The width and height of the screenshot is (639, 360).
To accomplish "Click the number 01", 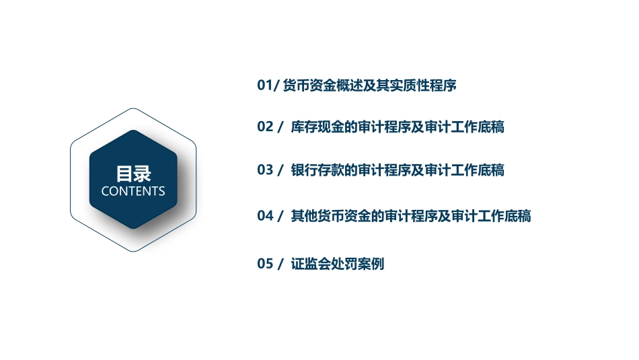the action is click(x=265, y=85).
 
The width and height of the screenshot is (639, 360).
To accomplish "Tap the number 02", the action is click(x=265, y=127).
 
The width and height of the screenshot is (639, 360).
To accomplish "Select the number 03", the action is click(x=265, y=170).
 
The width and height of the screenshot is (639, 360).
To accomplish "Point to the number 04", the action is click(x=265, y=216).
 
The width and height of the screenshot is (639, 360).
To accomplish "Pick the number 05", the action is click(x=265, y=264).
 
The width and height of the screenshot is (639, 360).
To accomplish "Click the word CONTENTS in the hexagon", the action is click(x=133, y=191).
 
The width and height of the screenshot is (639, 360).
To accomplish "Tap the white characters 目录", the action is click(x=133, y=174).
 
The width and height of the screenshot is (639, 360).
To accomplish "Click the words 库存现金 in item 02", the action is click(x=317, y=127).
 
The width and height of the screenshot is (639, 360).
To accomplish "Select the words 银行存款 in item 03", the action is click(x=317, y=170).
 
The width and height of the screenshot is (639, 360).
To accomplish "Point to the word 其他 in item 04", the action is click(x=304, y=216).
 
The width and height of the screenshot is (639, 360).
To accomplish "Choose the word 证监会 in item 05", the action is click(x=311, y=264).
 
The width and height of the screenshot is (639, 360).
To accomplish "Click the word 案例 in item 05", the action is click(x=371, y=264).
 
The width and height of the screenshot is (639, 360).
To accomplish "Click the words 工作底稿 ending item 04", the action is click(x=504, y=216).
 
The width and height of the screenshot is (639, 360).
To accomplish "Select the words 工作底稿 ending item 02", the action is click(x=478, y=127).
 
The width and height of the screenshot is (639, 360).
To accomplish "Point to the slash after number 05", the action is click(x=280, y=264).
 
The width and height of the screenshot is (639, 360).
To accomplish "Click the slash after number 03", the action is click(x=280, y=170).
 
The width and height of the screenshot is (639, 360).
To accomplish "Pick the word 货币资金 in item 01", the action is click(x=309, y=85).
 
